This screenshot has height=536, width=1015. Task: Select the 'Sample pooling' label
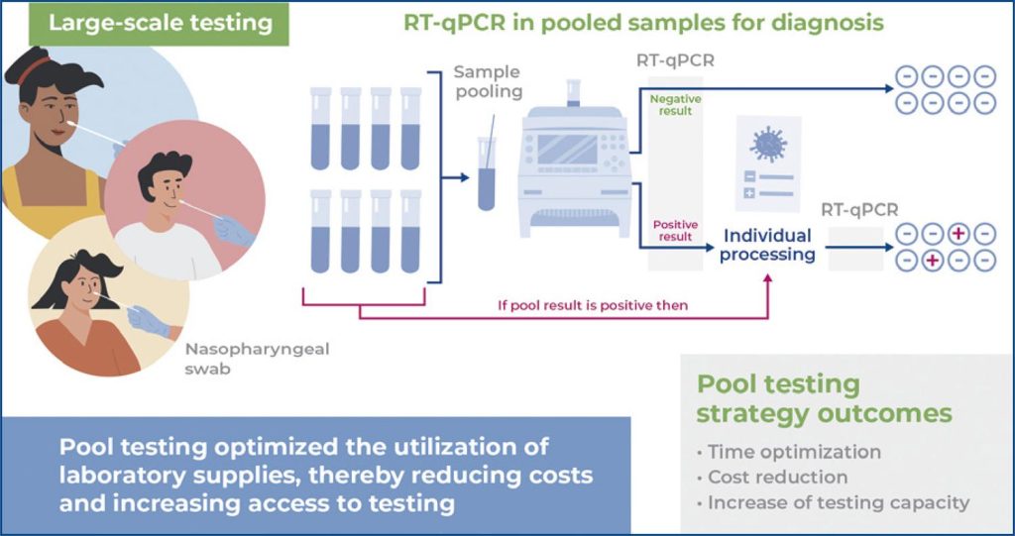(x=488, y=81)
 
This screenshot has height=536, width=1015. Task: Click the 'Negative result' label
(x=670, y=104)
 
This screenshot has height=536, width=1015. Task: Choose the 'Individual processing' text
(x=766, y=245)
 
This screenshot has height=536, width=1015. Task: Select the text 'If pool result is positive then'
(x=592, y=304)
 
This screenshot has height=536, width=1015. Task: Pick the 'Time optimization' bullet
(x=793, y=452)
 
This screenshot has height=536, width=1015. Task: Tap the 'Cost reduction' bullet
(x=777, y=477)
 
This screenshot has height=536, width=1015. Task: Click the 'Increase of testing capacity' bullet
(x=838, y=502)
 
